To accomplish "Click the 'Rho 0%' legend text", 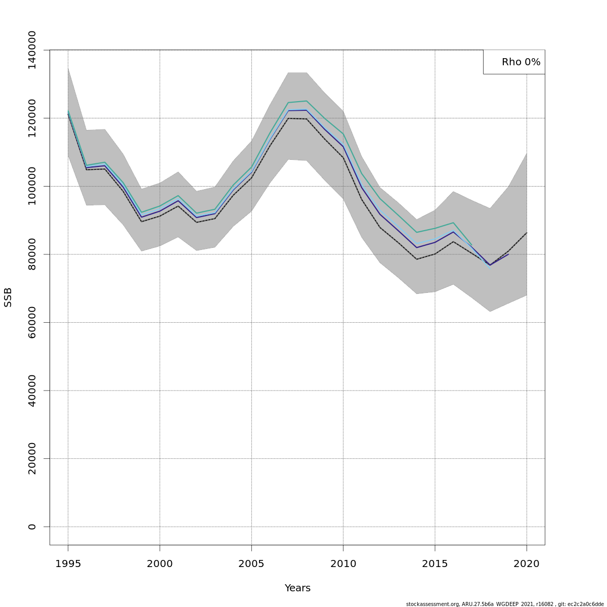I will point(521,62).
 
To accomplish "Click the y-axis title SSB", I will point(8,297).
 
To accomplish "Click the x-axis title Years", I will point(297,588).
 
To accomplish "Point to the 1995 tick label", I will point(68,563).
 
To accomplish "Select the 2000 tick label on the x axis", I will point(160,563).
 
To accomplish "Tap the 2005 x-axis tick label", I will point(251,563).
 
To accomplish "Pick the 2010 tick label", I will point(343,563).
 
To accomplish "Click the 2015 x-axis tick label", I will point(435,563).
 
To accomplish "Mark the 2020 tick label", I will point(527,563).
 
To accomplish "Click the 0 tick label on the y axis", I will point(32,527).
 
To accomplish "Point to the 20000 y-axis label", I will point(32,458).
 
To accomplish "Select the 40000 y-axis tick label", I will point(32,391).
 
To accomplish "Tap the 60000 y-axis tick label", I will point(32,322).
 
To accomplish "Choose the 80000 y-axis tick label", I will point(32,254).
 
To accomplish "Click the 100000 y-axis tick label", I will point(32,186).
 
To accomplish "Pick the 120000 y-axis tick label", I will point(32,118).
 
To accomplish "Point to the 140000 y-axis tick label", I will point(32,50).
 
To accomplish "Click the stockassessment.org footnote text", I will point(504,604).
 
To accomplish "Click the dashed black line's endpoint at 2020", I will point(527,233).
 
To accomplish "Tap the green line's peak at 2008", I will point(307,101).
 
